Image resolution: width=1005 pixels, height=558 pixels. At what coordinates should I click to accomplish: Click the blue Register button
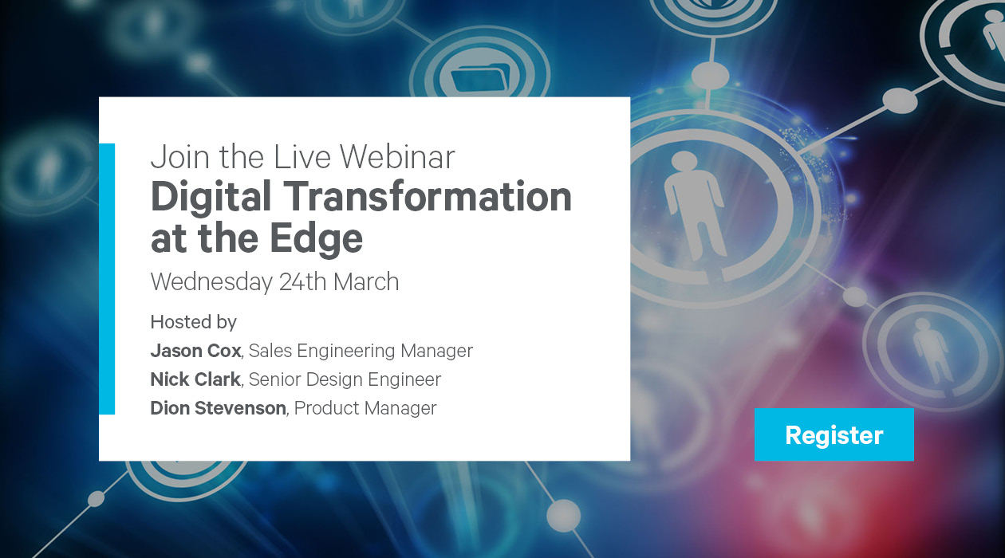[x=834, y=434]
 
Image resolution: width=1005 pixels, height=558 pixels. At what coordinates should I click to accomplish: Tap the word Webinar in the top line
[x=397, y=157]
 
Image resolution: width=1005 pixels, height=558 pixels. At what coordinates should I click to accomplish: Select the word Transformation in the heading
[x=428, y=195]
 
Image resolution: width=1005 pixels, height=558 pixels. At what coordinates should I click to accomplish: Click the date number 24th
[x=302, y=281]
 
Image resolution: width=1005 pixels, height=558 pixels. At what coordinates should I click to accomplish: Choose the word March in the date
[x=366, y=281]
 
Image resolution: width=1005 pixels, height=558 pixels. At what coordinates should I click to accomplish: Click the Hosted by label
[x=193, y=322]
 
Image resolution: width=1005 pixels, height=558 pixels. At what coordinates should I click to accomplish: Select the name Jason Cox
[x=195, y=351]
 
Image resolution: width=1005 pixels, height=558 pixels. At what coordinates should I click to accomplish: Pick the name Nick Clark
[x=195, y=379]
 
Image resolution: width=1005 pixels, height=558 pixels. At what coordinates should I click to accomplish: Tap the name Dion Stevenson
[x=218, y=408]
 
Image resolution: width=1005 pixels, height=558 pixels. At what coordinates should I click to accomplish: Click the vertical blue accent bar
[x=107, y=278]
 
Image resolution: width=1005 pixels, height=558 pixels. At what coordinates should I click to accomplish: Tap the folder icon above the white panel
[x=480, y=79]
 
